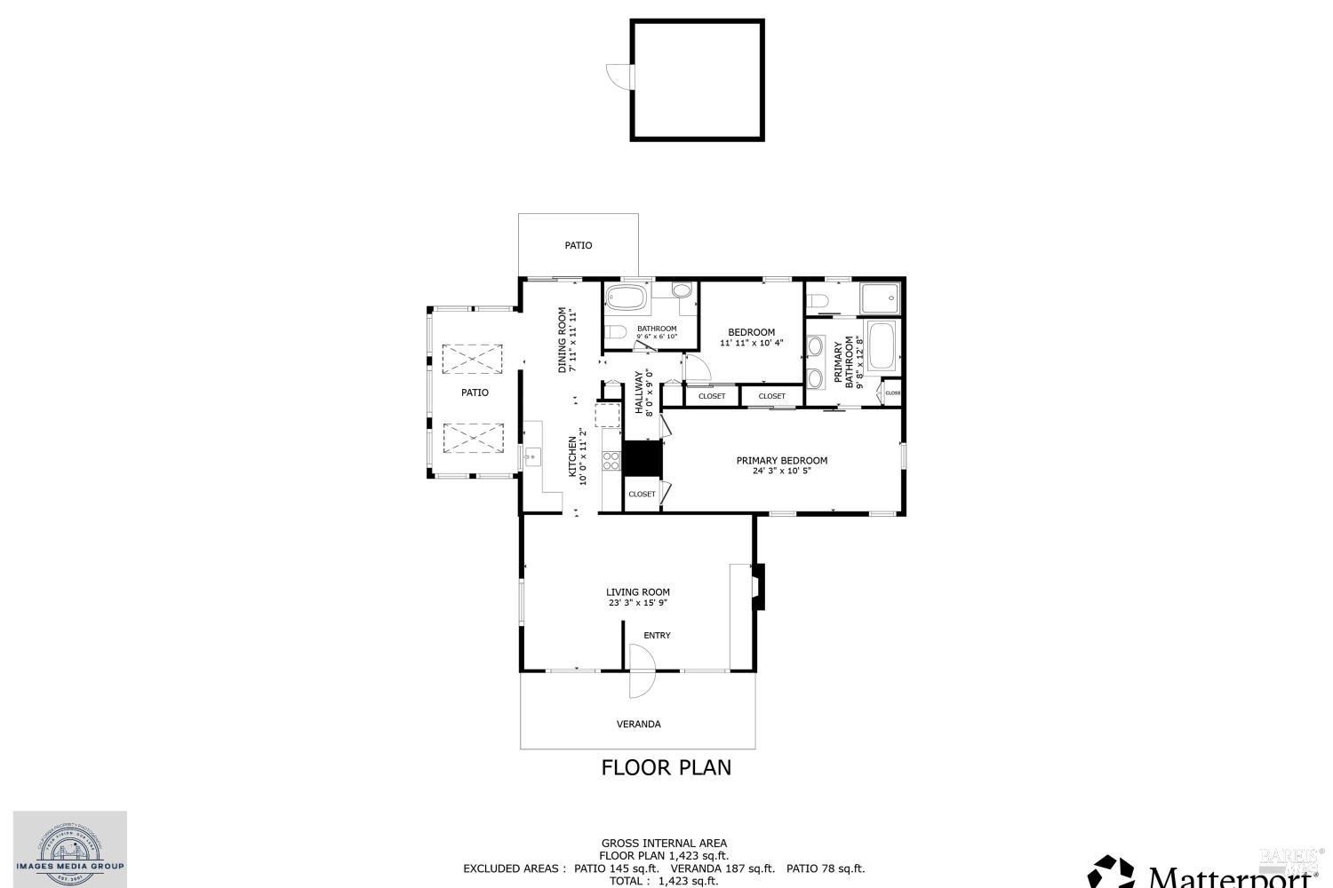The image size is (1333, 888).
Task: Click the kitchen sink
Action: (x=531, y=457)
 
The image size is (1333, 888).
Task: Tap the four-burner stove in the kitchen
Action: (x=611, y=460)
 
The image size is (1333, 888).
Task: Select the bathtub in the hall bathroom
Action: (x=627, y=297)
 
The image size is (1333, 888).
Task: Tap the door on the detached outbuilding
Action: (x=619, y=76)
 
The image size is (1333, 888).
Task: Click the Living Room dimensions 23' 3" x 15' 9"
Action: (x=637, y=603)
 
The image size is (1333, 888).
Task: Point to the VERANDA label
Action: (x=638, y=724)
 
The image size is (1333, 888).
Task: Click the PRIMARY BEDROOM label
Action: (x=781, y=460)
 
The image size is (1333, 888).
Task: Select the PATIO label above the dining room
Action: (x=578, y=245)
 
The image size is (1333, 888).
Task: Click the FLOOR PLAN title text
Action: (x=666, y=767)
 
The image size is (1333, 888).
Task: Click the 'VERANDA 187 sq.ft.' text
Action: (x=722, y=868)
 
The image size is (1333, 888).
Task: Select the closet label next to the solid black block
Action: (x=641, y=494)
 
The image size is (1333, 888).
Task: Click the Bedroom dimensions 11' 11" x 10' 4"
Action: (x=751, y=343)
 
